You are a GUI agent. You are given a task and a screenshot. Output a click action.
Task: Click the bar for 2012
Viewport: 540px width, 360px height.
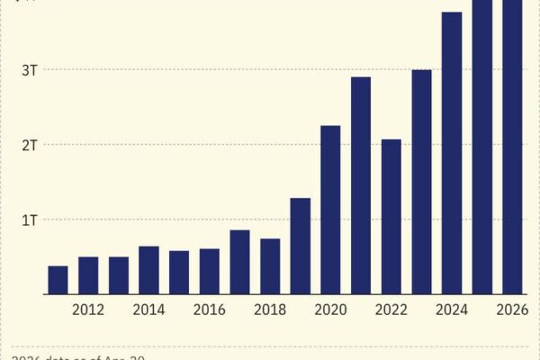(x=88, y=275)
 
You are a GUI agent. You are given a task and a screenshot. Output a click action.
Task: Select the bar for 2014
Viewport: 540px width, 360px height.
(x=149, y=270)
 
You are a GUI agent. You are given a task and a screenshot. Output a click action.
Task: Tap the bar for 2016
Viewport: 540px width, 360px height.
(x=210, y=271)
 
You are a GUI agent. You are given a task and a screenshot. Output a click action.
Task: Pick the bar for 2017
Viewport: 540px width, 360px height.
(x=239, y=262)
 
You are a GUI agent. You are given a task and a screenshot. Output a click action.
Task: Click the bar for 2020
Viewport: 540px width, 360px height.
(x=330, y=210)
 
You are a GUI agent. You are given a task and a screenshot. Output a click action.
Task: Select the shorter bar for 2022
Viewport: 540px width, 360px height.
(x=391, y=217)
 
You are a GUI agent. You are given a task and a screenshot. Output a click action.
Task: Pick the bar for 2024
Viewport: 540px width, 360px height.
(x=452, y=153)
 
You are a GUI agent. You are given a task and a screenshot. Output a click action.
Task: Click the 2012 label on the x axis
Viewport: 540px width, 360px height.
(x=88, y=310)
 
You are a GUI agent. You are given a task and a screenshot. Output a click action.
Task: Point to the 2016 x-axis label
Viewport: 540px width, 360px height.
(x=210, y=310)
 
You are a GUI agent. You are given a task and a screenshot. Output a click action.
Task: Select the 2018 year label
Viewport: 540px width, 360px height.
(x=270, y=310)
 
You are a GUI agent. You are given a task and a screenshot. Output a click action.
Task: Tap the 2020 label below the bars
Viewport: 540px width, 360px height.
(x=330, y=310)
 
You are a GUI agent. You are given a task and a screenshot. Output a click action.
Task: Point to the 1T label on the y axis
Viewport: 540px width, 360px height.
(x=29, y=220)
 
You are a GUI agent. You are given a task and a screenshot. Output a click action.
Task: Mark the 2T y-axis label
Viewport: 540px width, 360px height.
(x=29, y=145)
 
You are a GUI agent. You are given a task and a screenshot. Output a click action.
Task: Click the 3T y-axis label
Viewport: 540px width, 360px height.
(x=29, y=70)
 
